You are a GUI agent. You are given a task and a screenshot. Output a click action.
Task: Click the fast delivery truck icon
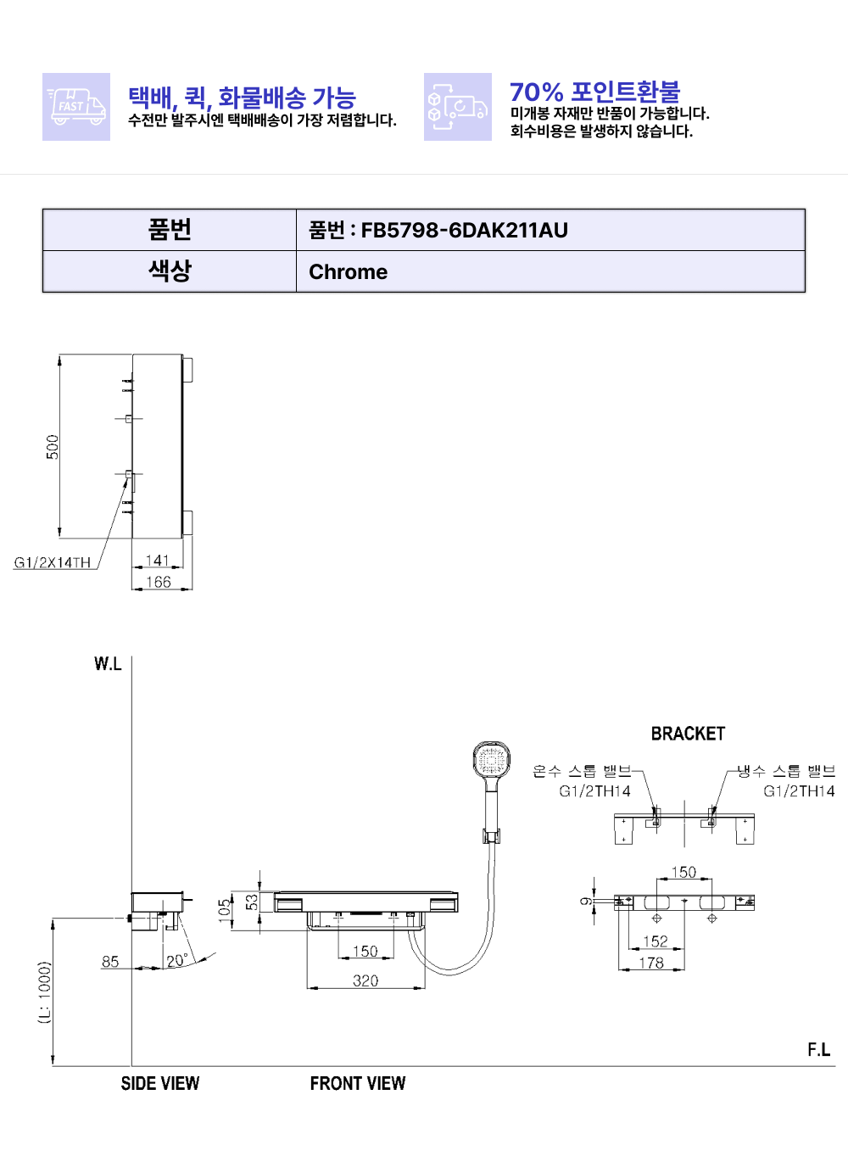[x=76, y=107]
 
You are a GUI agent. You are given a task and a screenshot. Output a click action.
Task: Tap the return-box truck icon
[x=458, y=107]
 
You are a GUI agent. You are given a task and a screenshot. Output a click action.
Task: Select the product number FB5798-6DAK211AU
[x=464, y=230]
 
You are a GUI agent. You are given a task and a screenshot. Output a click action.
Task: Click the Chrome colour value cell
[x=550, y=272]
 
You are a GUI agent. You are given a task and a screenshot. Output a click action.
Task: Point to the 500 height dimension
[x=53, y=447]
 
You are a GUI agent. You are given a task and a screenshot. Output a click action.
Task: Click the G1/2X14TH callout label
[x=52, y=562]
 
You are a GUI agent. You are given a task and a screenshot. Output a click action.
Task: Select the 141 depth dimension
[x=158, y=561]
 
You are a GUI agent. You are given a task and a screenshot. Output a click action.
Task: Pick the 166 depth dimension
[x=158, y=582]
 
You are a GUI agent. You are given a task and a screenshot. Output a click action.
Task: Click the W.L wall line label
[x=108, y=664]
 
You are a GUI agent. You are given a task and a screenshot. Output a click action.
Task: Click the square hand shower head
[x=492, y=759]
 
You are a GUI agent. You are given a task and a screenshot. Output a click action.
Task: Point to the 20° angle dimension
[x=176, y=961]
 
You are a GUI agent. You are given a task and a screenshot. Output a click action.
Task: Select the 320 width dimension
[x=365, y=980]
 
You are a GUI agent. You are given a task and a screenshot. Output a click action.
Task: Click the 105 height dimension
[x=225, y=910]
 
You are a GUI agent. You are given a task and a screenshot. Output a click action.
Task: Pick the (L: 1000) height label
[x=46, y=992]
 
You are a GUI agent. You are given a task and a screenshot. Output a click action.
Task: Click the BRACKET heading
[x=688, y=734]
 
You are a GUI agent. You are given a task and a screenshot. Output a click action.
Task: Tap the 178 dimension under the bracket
[x=651, y=963]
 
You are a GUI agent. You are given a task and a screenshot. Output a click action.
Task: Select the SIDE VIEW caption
[x=160, y=1083]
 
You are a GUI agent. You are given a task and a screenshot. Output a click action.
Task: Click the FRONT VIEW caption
[x=358, y=1083]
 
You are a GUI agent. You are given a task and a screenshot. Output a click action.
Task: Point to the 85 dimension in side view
[x=110, y=962]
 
